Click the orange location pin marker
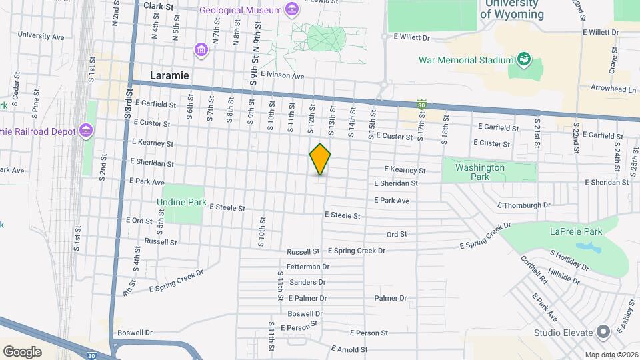click(x=321, y=159)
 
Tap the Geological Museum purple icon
click(x=291, y=9)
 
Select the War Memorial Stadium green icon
click(x=523, y=60)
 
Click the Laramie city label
click(x=169, y=75)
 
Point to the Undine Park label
click(x=181, y=201)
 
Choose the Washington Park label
click(x=480, y=172)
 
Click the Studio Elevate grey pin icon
click(x=603, y=332)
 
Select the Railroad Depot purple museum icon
click(x=85, y=131)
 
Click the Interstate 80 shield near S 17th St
click(x=421, y=105)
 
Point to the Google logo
click(x=21, y=352)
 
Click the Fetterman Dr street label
click(x=308, y=267)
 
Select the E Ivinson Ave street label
click(x=283, y=76)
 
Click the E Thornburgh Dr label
click(x=524, y=205)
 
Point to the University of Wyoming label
click(x=511, y=9)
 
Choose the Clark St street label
click(x=158, y=5)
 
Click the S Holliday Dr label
click(x=569, y=259)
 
